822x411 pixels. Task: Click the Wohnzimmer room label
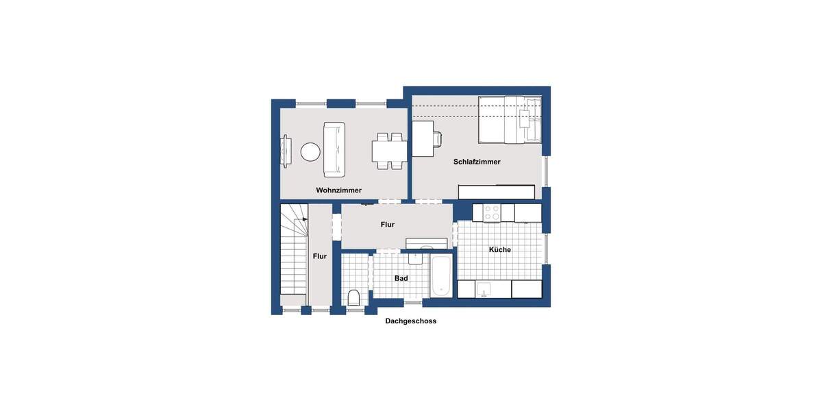338,190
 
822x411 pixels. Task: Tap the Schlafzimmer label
477,162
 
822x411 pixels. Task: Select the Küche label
499,250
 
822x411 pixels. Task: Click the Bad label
401,279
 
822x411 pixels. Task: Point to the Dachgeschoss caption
410,321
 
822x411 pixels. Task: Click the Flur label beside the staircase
319,256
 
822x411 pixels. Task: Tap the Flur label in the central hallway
388,225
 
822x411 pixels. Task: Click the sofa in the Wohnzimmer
335,149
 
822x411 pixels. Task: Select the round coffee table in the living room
310,151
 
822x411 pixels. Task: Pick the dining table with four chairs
388,151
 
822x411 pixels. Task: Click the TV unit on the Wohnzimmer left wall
286,150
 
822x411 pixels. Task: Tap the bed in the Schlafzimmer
510,120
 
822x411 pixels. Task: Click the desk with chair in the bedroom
425,139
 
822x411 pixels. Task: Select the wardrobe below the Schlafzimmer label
496,192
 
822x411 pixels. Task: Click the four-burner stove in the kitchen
492,212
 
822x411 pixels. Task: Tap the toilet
353,297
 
